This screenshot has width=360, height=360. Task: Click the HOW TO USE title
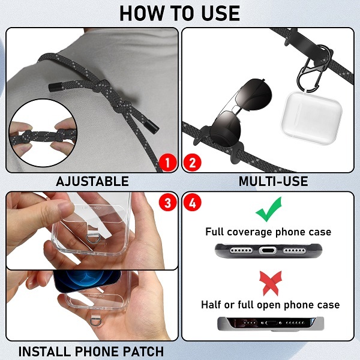click(179, 13)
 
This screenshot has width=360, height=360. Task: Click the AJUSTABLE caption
click(92, 181)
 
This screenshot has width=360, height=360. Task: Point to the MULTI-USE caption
click(273, 181)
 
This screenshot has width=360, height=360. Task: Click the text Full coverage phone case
click(268, 232)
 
